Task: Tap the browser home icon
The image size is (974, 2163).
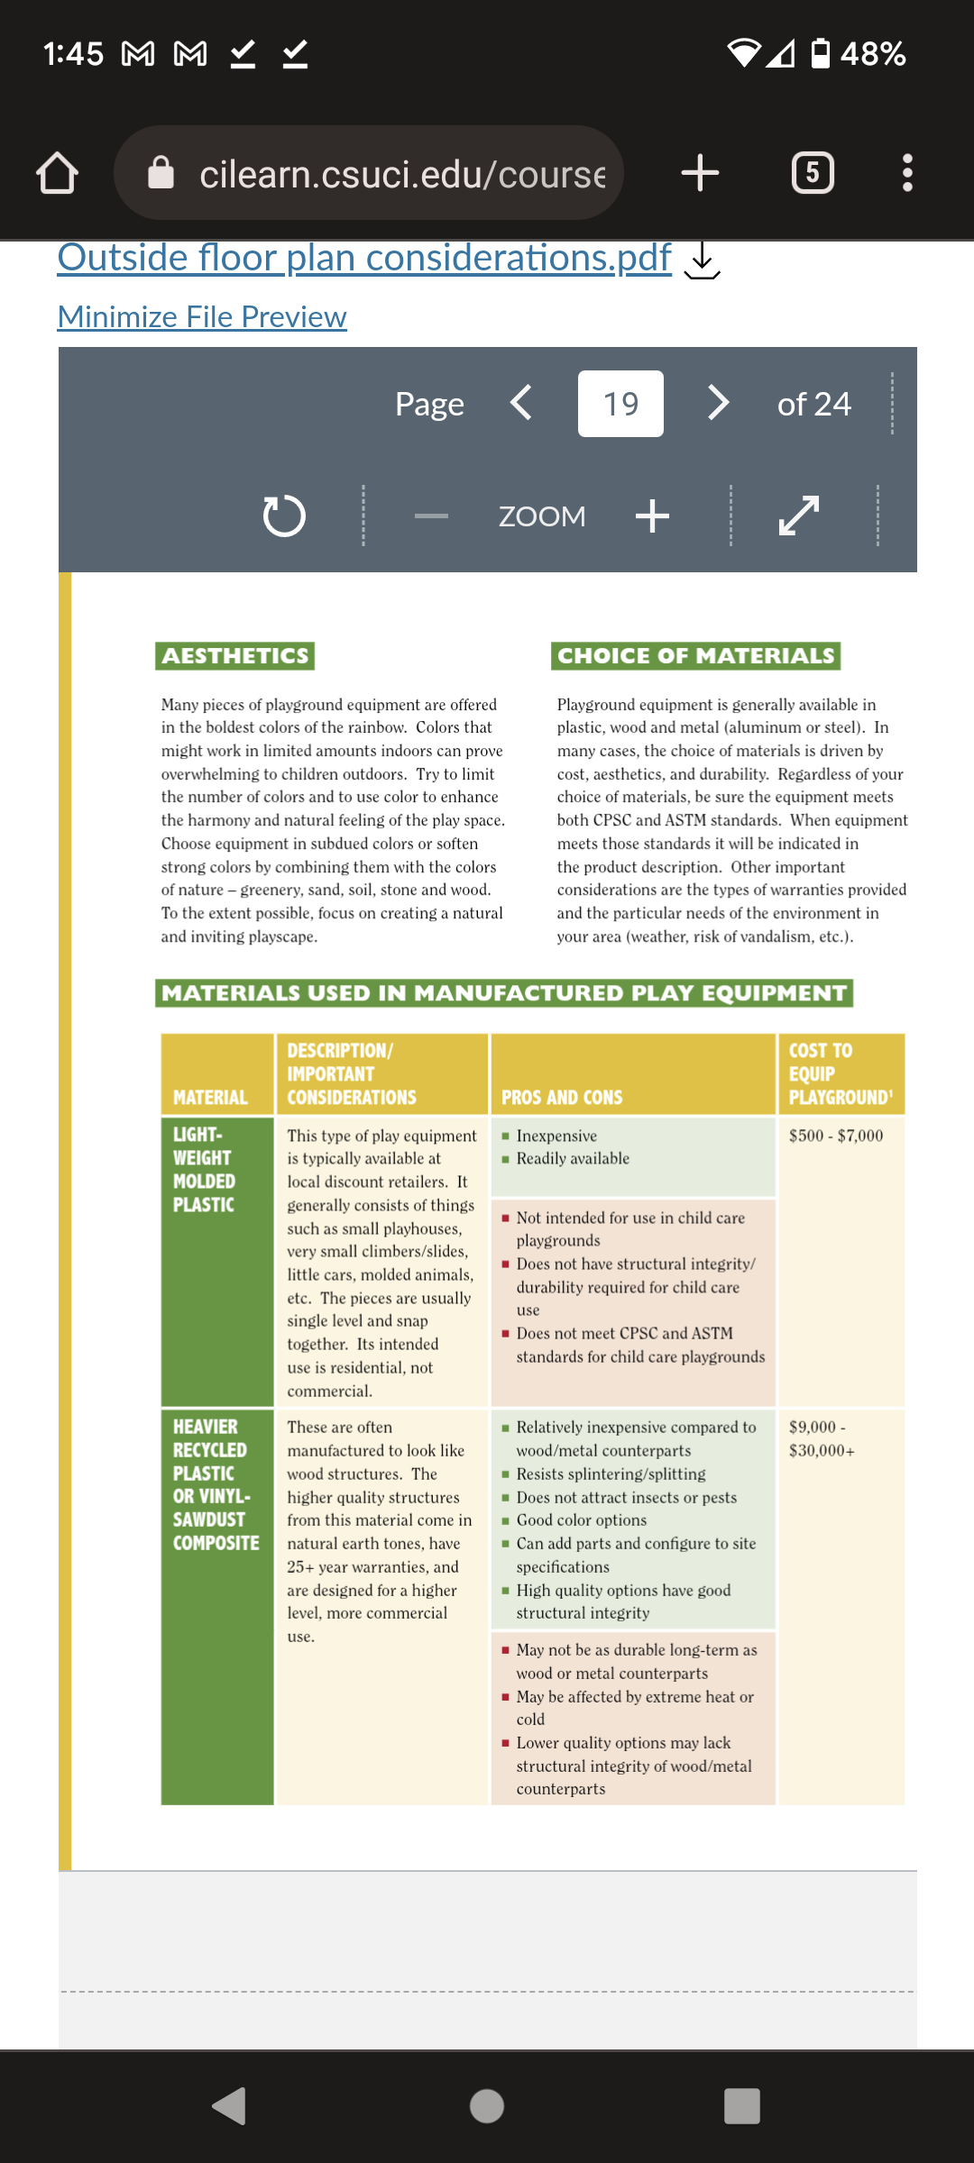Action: (x=58, y=173)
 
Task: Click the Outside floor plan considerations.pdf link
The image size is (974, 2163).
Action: (x=364, y=258)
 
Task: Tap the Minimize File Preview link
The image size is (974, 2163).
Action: (x=202, y=317)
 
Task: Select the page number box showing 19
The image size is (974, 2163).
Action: (x=620, y=404)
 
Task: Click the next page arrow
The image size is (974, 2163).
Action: (x=718, y=403)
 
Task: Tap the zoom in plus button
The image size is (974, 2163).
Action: (x=652, y=516)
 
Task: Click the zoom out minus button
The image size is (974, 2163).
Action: (x=431, y=516)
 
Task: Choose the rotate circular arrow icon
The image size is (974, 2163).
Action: (x=284, y=516)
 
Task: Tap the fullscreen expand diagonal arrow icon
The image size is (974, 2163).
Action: (x=799, y=516)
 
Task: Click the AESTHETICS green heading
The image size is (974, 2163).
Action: (x=234, y=656)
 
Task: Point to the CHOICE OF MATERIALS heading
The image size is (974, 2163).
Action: (x=695, y=656)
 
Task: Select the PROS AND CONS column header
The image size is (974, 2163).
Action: (x=562, y=1098)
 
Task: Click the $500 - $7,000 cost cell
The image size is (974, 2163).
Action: (x=836, y=1136)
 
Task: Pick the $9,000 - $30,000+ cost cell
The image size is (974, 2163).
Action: (x=822, y=1438)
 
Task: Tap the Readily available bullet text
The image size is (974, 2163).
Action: (x=573, y=1159)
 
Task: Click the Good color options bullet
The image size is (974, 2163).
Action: (x=582, y=1520)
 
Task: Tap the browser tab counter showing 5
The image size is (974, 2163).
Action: (x=813, y=173)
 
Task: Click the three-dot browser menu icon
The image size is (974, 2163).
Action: (x=907, y=173)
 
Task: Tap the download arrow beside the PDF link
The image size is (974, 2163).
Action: (x=702, y=260)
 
